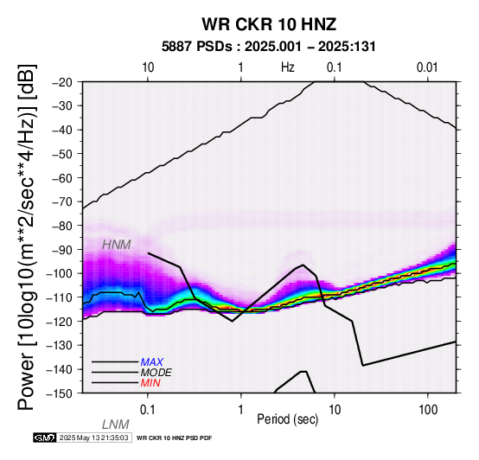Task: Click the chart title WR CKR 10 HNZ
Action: (x=269, y=24)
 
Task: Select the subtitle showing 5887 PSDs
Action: (x=268, y=47)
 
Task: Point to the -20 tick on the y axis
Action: (x=63, y=82)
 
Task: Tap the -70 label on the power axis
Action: (x=63, y=202)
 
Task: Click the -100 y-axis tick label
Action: (x=61, y=274)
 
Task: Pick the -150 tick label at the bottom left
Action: (x=61, y=393)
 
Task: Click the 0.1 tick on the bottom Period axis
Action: (x=148, y=410)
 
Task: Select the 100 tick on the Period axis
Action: (x=428, y=410)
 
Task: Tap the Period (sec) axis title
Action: (x=287, y=419)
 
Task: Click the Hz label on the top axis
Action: (x=288, y=67)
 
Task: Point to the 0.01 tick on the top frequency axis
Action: (x=427, y=67)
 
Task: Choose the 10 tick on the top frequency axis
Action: (x=148, y=67)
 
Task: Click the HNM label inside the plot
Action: (x=117, y=245)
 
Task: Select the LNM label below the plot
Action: (x=116, y=425)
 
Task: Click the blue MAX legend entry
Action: (x=151, y=362)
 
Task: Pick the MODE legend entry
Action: (x=156, y=373)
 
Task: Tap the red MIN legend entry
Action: (x=150, y=383)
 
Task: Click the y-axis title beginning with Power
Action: (x=27, y=237)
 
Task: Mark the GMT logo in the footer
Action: (x=45, y=438)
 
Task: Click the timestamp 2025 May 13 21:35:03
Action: (x=93, y=438)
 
